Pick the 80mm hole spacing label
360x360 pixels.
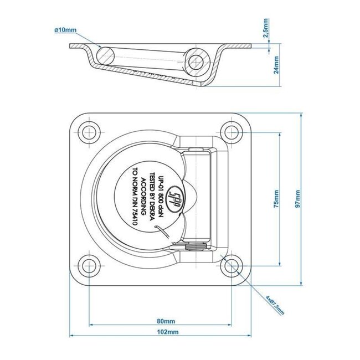(x=166, y=320)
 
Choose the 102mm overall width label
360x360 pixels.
(x=166, y=332)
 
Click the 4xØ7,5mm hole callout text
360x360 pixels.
(x=275, y=304)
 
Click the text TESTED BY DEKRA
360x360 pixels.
(x=153, y=197)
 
